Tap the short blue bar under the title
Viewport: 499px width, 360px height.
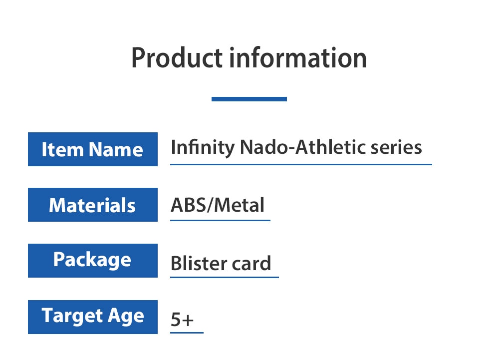[x=249, y=99]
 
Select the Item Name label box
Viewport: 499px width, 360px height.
[x=93, y=149]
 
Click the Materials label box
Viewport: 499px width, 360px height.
[x=93, y=205]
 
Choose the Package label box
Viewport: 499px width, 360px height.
[x=93, y=261]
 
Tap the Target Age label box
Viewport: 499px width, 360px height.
[x=93, y=317]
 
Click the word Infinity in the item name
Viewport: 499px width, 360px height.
[x=203, y=148]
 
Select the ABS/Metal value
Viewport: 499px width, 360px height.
[x=218, y=205]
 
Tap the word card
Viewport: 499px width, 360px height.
[x=251, y=263]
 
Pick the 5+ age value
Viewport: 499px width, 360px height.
[x=182, y=319]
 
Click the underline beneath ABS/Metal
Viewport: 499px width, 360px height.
[x=220, y=220]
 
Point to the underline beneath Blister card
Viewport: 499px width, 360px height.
[x=225, y=277]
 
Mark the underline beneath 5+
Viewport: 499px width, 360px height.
[x=187, y=333]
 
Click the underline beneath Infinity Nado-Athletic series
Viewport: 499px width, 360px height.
[x=301, y=165]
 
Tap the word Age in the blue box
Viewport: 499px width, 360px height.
[x=126, y=317]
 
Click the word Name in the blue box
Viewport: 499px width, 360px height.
[x=116, y=149]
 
